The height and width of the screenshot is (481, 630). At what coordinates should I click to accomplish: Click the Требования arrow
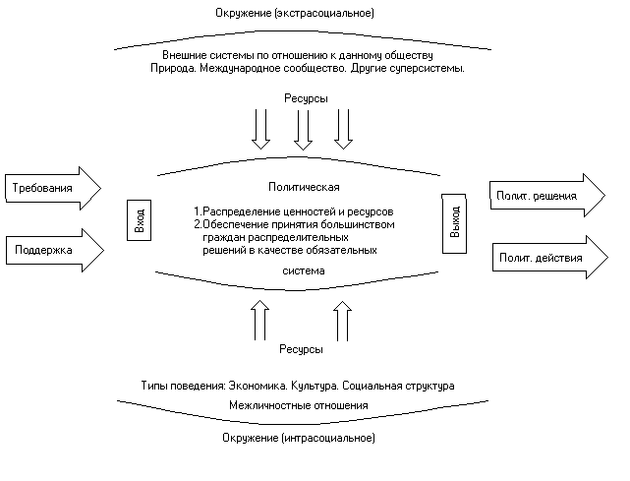(53, 188)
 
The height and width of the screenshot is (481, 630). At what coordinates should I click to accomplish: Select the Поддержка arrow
(55, 250)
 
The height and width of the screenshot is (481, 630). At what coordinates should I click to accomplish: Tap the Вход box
(139, 220)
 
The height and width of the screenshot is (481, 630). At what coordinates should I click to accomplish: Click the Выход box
(454, 223)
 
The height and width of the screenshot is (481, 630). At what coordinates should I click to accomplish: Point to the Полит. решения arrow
(547, 196)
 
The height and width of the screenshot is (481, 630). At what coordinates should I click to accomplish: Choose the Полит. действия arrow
(550, 258)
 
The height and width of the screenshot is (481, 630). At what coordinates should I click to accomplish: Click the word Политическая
(304, 187)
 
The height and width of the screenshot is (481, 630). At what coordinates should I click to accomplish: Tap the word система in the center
(304, 271)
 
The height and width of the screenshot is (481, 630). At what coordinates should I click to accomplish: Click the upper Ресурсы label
(306, 98)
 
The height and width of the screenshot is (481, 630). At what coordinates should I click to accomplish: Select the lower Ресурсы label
(301, 349)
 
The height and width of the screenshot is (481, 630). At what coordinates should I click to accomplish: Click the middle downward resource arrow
(303, 130)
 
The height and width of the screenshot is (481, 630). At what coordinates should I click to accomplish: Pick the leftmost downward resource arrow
(260, 129)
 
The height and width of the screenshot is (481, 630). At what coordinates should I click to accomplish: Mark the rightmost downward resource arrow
(344, 129)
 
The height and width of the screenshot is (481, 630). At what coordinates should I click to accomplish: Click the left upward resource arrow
(259, 321)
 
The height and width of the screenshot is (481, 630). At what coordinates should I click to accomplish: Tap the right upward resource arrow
(342, 322)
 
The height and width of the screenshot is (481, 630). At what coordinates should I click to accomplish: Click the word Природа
(173, 69)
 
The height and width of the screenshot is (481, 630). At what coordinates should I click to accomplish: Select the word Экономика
(258, 386)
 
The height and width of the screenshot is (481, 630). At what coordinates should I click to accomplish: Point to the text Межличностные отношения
(299, 405)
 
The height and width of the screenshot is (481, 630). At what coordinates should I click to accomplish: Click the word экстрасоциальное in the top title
(324, 13)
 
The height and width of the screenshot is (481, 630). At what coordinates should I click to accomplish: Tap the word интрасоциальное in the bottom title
(328, 438)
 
